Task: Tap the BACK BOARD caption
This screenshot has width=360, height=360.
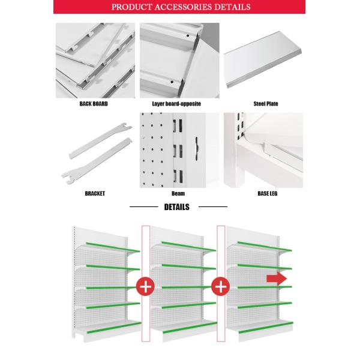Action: tap(94, 104)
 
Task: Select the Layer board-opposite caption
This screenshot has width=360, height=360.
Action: tap(176, 104)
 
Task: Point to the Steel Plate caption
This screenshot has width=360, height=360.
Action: tap(266, 104)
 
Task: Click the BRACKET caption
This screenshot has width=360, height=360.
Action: tap(95, 194)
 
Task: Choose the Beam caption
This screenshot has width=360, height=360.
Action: tap(178, 194)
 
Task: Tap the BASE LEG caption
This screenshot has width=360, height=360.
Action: tap(268, 194)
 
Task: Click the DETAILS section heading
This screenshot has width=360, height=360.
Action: tap(177, 207)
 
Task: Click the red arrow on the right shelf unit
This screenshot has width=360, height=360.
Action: tap(277, 279)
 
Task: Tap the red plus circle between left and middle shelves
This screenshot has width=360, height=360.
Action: tap(146, 287)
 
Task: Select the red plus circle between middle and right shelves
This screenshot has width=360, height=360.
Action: tap(220, 287)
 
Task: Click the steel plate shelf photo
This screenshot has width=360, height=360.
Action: tap(263, 59)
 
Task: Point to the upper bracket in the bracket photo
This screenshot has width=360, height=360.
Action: tap(100, 141)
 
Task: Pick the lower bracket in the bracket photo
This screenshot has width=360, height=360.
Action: tap(97, 161)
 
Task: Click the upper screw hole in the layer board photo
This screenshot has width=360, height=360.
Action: tap(188, 36)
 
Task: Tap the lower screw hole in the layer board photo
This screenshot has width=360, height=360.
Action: tap(172, 82)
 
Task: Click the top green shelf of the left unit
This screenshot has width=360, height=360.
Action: tap(113, 247)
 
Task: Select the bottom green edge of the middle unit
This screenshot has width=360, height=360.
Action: tap(190, 328)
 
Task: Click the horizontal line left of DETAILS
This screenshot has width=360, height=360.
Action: tap(144, 206)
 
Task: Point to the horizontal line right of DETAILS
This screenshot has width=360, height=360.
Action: tap(213, 206)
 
